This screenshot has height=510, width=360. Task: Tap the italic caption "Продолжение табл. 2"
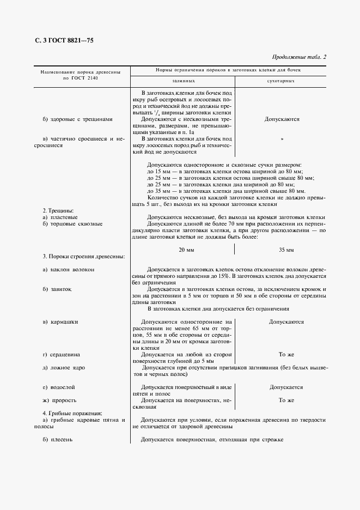(x=298, y=57)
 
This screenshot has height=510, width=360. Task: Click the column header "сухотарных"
(x=282, y=80)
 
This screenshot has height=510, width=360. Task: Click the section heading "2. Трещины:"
(x=59, y=210)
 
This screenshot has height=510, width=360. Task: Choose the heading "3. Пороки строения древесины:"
(x=84, y=256)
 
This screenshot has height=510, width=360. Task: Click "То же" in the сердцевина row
(x=286, y=354)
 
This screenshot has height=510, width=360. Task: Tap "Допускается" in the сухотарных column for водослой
(x=286, y=387)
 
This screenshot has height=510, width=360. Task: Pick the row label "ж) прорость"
(x=62, y=400)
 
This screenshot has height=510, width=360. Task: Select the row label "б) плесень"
(x=57, y=440)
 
